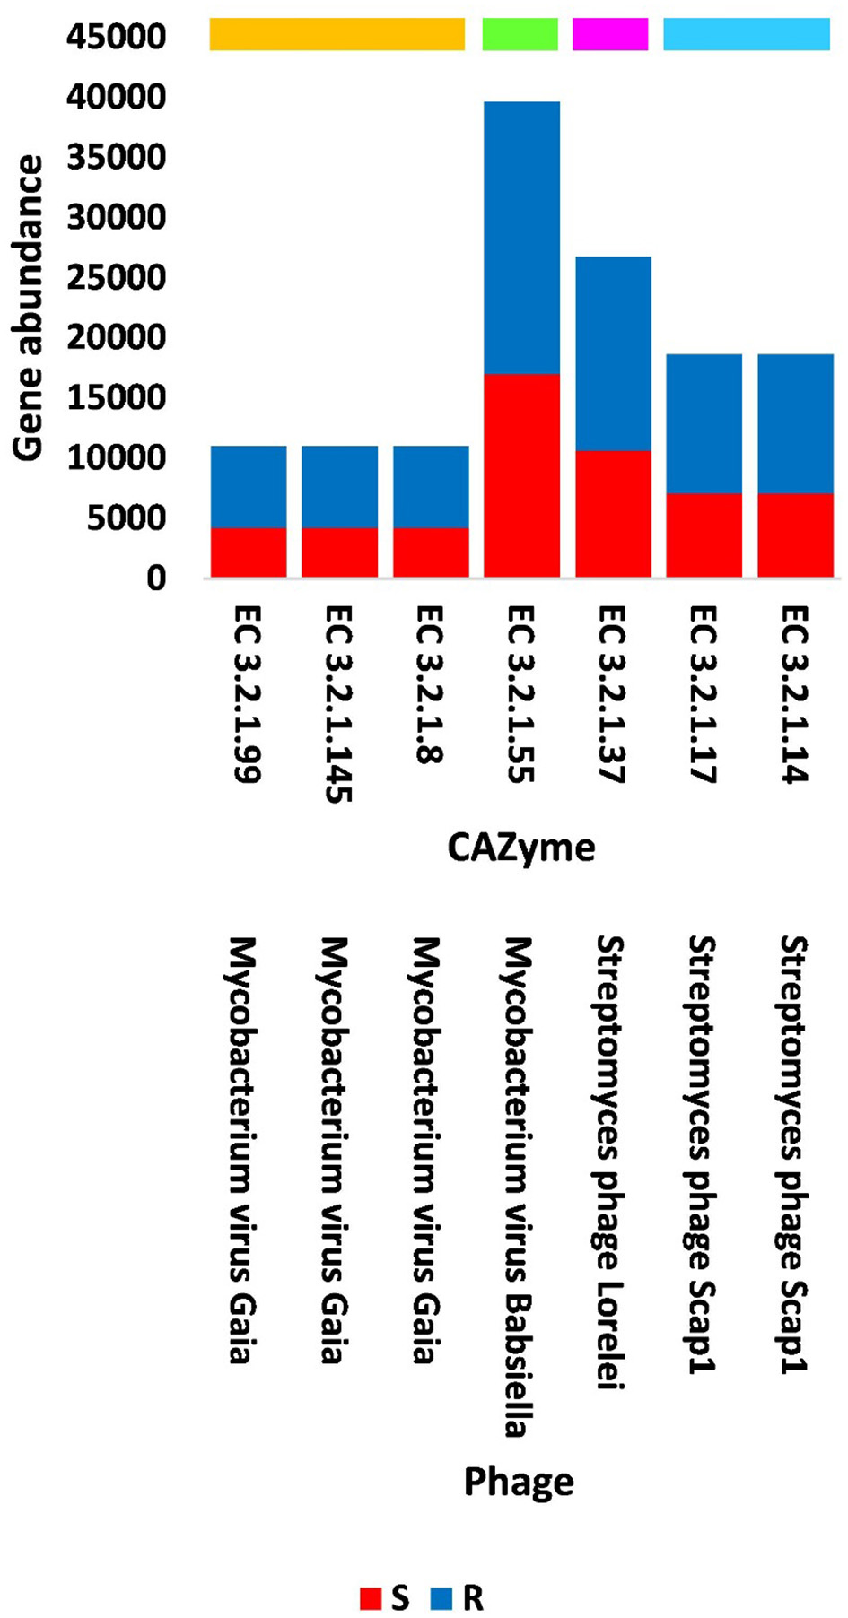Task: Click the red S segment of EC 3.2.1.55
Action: tap(521, 474)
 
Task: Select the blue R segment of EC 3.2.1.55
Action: tap(521, 238)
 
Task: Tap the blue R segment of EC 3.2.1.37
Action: tap(613, 353)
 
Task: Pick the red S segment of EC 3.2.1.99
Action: tap(249, 552)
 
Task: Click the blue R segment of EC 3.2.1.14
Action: tap(795, 423)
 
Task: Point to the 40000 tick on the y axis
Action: tap(116, 97)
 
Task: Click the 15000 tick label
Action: tap(116, 397)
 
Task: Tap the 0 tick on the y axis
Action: tap(156, 578)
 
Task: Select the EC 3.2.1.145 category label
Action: tap(338, 704)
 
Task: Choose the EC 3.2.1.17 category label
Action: tap(704, 694)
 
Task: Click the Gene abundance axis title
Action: tap(29, 308)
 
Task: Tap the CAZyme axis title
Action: tap(520, 848)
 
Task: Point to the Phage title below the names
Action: tap(519, 1482)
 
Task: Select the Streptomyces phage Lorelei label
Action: tap(610, 1162)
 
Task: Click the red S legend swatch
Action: tap(371, 1598)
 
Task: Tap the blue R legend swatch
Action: tap(442, 1598)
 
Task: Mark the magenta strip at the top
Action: tap(610, 33)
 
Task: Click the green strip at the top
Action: tap(520, 33)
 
